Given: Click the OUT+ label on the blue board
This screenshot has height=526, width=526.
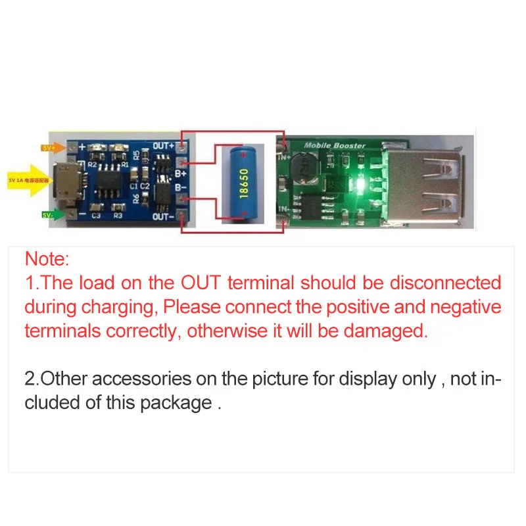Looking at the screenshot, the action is pos(164,145).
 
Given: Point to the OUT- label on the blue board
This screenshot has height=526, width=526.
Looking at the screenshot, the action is pos(163,216).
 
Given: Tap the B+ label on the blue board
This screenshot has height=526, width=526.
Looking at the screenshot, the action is pos(162,174).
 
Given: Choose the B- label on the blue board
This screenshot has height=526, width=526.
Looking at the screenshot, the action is pos(162,189).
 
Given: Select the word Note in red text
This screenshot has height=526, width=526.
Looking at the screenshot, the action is pos(46,258).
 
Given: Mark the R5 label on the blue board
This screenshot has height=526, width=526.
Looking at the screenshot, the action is pos(136,156).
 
